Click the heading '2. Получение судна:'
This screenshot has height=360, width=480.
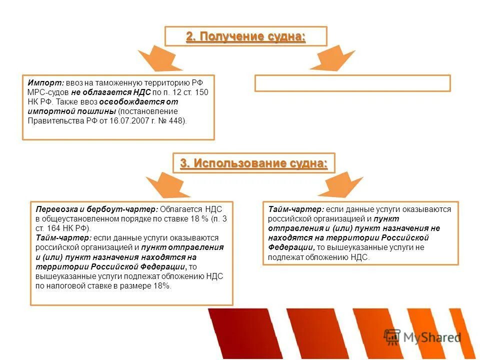pos(245,36)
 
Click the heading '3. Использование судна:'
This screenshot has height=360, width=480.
pos(253,163)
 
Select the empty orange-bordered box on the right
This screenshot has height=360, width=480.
pos(352,83)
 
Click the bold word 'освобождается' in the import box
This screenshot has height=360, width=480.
pos(131,102)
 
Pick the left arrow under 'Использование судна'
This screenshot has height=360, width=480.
pos(160,184)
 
